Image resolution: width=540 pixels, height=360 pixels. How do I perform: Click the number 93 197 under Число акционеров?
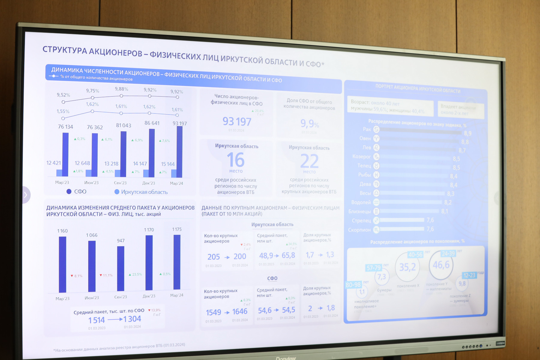point(237,121)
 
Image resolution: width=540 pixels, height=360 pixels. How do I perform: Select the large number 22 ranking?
point(309,161)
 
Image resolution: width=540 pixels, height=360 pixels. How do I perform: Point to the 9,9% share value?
point(310,124)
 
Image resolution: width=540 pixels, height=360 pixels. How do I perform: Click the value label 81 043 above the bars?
point(124,125)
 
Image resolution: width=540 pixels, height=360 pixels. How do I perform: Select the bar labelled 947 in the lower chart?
point(121,268)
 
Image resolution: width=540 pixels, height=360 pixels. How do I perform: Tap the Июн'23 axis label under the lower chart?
point(92,298)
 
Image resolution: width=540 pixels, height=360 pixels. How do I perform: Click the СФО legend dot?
point(69,191)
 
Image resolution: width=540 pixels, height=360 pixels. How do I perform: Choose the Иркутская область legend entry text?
point(144,192)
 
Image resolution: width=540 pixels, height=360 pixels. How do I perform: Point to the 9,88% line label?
point(121,89)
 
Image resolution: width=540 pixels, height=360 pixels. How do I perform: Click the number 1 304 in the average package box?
point(132,319)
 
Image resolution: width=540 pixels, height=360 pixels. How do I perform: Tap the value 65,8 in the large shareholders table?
point(288,256)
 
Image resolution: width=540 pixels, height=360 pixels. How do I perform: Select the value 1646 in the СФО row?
point(240,312)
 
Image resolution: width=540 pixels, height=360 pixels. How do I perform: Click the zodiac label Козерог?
point(361,157)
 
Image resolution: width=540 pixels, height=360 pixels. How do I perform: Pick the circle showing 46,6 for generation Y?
point(441,265)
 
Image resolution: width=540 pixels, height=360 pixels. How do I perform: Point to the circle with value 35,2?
point(407,267)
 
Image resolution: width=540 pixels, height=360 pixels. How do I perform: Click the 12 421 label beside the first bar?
point(54,163)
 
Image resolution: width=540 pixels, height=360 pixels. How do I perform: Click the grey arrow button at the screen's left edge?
point(26,195)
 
